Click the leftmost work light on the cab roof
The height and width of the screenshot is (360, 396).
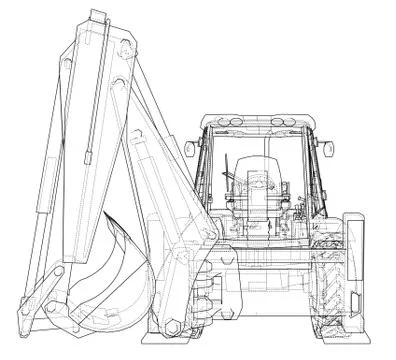tap(216, 121)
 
